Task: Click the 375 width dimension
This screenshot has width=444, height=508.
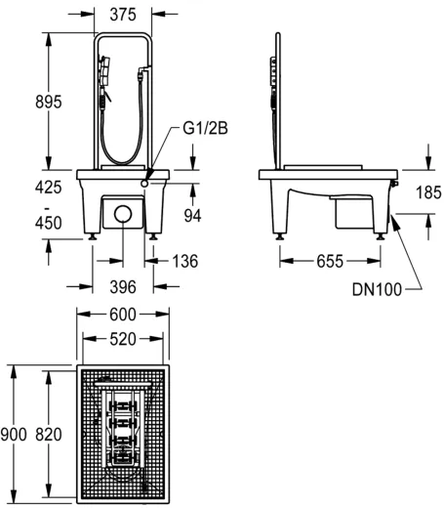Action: tap(123, 15)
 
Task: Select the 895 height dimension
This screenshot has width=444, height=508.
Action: tap(49, 102)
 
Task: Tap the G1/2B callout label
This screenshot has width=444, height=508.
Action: tap(205, 128)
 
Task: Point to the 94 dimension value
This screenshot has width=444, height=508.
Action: tap(192, 215)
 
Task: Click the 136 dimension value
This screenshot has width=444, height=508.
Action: tap(184, 261)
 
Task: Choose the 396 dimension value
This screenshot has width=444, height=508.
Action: tap(123, 287)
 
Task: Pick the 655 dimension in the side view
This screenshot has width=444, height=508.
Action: tap(330, 261)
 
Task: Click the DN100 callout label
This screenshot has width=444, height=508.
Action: tap(377, 289)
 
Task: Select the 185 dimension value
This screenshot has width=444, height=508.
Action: tap(428, 192)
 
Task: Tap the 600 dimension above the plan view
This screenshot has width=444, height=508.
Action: tap(123, 315)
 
